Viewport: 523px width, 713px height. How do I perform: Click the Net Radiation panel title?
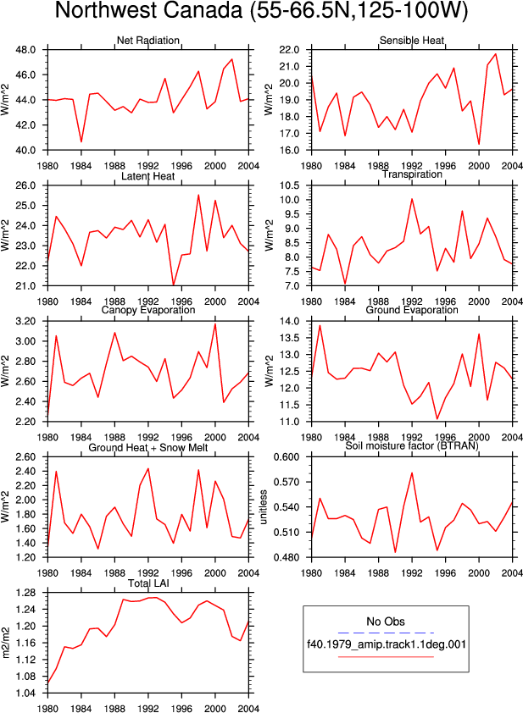[148, 41]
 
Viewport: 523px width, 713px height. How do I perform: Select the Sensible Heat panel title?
[412, 41]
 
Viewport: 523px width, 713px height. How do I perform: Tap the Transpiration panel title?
[413, 174]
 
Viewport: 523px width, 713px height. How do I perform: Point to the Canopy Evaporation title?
[148, 310]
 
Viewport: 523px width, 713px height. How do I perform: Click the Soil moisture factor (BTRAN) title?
[412, 446]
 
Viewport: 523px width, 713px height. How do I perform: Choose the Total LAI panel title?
[148, 583]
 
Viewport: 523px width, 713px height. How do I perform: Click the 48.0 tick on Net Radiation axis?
[27, 50]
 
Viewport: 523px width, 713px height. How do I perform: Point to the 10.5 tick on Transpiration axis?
[291, 185]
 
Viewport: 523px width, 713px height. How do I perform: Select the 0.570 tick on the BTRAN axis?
[287, 482]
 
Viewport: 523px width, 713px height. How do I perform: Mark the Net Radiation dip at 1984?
[81, 142]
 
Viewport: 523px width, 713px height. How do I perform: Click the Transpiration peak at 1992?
[412, 199]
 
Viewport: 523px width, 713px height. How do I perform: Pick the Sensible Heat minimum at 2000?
[479, 144]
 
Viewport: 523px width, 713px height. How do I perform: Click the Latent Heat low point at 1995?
[174, 285]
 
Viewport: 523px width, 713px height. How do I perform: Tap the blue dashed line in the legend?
[386, 633]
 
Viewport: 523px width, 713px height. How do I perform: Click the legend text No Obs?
[386, 622]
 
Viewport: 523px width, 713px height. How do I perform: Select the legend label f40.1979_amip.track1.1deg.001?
[387, 644]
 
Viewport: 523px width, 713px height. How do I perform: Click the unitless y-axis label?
[264, 507]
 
